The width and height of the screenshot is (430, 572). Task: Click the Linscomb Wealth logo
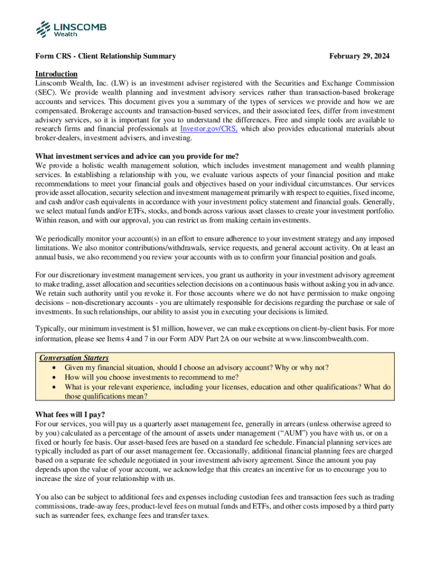coord(70,28)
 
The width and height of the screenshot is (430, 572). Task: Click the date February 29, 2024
coord(359,56)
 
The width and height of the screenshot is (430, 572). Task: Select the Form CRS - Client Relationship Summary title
coord(106,56)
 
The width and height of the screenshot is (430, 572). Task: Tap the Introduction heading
coord(56,74)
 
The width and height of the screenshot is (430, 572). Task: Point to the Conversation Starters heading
coord(74,358)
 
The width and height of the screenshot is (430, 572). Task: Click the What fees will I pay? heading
coord(70,414)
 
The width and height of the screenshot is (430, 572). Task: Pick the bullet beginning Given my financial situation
coord(197,368)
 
